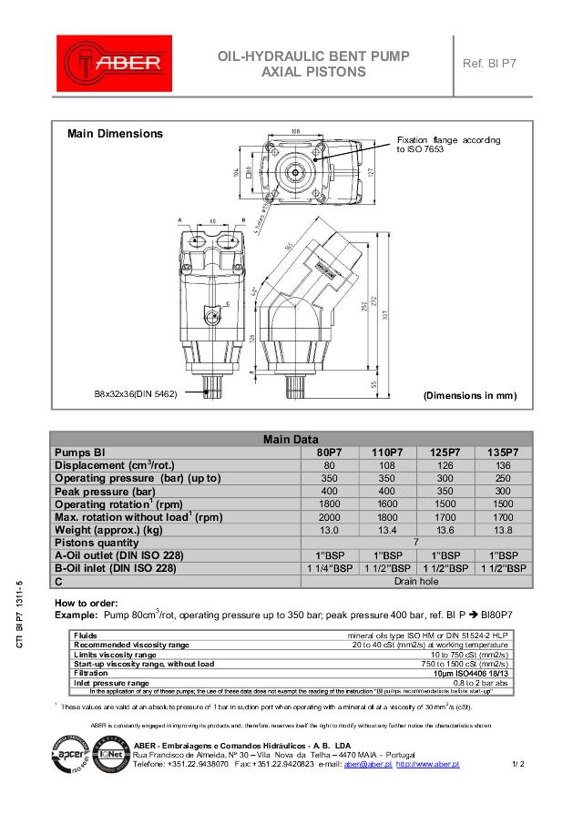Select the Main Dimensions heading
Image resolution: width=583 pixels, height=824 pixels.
click(116, 134)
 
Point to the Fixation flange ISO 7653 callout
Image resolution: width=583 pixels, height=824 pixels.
click(448, 144)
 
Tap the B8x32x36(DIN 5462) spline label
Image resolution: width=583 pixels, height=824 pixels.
click(136, 393)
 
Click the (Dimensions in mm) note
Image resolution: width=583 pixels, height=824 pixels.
click(470, 396)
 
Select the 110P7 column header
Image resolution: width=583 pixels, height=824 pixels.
click(387, 452)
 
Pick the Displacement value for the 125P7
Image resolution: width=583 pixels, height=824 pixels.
click(445, 465)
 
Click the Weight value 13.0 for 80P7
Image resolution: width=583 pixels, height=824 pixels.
click(329, 530)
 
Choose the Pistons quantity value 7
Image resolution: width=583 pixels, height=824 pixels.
click(416, 543)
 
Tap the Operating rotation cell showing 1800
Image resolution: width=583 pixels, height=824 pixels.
click(329, 504)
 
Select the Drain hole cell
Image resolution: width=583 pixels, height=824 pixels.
click(416, 581)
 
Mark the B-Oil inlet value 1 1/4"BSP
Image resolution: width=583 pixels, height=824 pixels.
click(329, 568)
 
